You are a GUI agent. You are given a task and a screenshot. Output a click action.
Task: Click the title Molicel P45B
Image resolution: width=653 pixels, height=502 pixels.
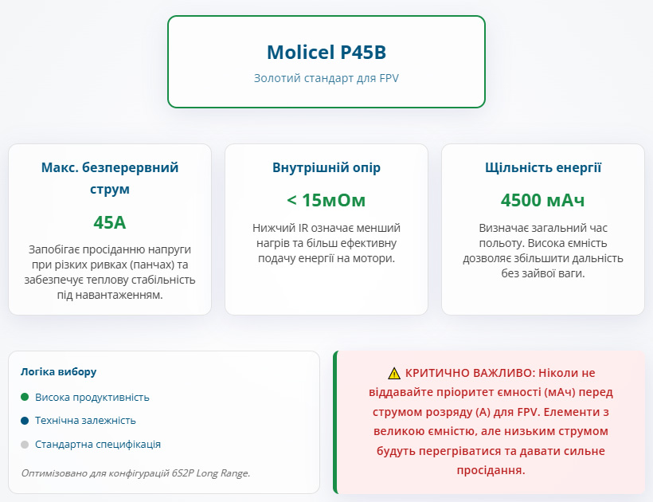pyautogui.click(x=326, y=52)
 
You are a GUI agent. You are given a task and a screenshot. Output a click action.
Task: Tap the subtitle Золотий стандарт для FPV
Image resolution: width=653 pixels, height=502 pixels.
pyautogui.click(x=326, y=79)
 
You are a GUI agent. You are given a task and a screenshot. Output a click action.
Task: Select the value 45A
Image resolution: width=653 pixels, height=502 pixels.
pyautogui.click(x=110, y=222)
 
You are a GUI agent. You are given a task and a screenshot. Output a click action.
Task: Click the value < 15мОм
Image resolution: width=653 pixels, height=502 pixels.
pyautogui.click(x=326, y=200)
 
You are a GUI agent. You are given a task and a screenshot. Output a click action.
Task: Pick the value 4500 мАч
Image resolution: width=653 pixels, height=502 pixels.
pyautogui.click(x=542, y=200)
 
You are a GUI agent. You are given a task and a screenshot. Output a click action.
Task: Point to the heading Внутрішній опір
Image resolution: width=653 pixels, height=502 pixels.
pyautogui.click(x=326, y=167)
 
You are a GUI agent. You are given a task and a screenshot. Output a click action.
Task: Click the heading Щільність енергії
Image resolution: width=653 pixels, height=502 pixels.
pyautogui.click(x=542, y=167)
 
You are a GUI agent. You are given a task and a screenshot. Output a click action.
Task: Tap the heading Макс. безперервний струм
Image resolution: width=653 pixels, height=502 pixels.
pyautogui.click(x=110, y=178)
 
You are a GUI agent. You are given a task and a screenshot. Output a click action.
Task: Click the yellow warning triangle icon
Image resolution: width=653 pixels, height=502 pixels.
pyautogui.click(x=394, y=373)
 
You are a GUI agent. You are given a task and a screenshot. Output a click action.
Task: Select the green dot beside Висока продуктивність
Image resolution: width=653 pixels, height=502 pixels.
pyautogui.click(x=25, y=397)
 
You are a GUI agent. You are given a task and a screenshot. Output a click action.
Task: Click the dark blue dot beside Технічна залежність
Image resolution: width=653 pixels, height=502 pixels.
pyautogui.click(x=25, y=421)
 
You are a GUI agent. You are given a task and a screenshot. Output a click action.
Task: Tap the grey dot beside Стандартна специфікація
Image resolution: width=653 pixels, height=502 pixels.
pyautogui.click(x=25, y=445)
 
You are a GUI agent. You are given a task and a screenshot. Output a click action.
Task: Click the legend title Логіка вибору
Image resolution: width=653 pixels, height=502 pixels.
pyautogui.click(x=58, y=371)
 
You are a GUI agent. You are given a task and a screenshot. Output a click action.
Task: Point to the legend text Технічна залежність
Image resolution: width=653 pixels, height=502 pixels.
pyautogui.click(x=85, y=421)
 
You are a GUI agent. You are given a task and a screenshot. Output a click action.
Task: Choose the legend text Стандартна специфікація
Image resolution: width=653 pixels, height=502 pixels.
pyautogui.click(x=98, y=445)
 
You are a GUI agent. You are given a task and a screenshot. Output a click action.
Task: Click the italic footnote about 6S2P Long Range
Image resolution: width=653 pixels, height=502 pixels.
pyautogui.click(x=135, y=473)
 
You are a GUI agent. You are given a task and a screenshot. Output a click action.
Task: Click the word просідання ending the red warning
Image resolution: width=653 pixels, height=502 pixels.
pyautogui.click(x=491, y=470)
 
